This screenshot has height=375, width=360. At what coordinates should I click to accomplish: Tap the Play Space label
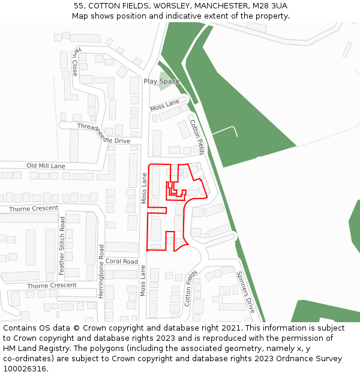click(x=161, y=81)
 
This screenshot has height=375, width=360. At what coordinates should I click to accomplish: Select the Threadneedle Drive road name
click(x=103, y=133)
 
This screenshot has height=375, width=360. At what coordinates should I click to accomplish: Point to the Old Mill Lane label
click(x=46, y=166)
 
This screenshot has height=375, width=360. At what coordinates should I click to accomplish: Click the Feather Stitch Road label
click(x=62, y=246)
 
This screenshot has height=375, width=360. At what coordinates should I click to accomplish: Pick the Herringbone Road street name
click(x=101, y=270)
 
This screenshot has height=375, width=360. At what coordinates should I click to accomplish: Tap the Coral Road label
click(x=122, y=262)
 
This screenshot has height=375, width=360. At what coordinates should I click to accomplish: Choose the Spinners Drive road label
click(x=245, y=292)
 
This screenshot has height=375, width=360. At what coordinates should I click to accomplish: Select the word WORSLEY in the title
click(x=163, y=5)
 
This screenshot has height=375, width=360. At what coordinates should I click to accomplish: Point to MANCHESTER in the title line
click(x=216, y=5)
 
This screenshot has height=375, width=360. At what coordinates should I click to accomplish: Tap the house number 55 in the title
click(x=79, y=5)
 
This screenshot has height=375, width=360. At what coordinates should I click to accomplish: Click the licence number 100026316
click(x=26, y=368)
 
